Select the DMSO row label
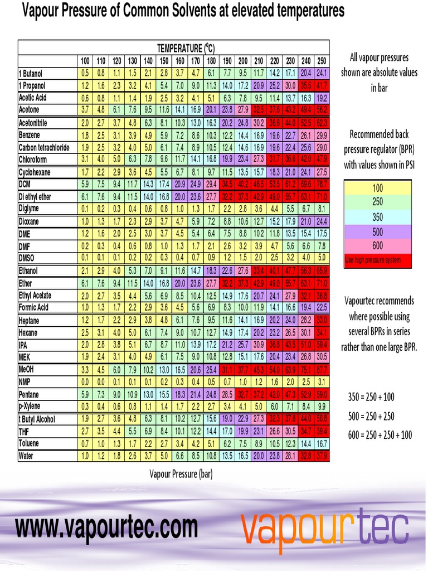(27, 258)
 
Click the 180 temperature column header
(212, 61)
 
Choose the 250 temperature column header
(322, 61)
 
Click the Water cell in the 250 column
(322, 456)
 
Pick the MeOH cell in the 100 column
(85, 370)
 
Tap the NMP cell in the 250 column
(322, 382)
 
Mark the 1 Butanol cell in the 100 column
(85, 73)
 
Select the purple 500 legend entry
(377, 231)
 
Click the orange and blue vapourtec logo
(325, 528)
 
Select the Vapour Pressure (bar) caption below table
(181, 474)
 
